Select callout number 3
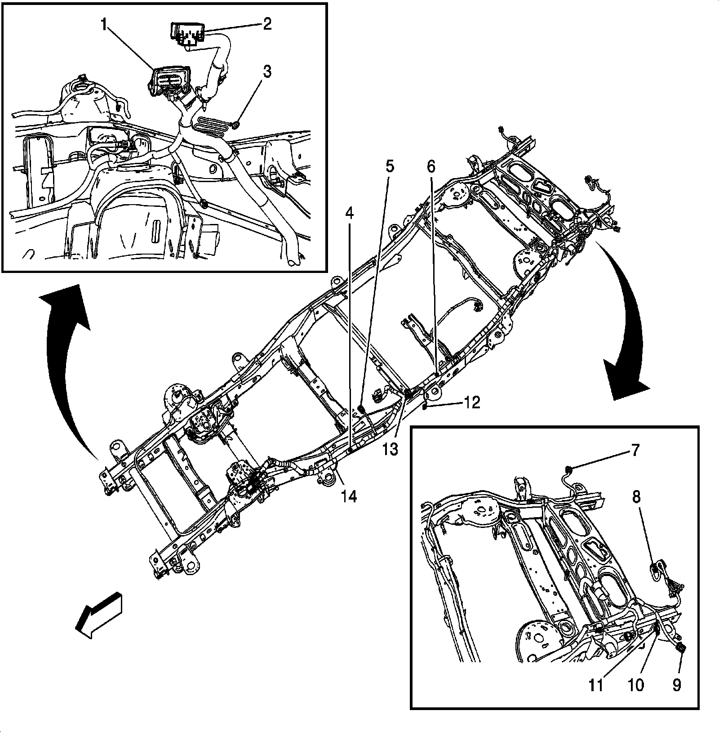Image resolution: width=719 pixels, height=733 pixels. pyautogui.click(x=267, y=72)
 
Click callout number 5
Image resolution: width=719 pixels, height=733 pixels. pyautogui.click(x=390, y=166)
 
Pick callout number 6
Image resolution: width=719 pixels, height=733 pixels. pyautogui.click(x=431, y=166)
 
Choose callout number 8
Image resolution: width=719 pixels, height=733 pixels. pyautogui.click(x=637, y=498)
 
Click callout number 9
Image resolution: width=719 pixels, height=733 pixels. pyautogui.click(x=676, y=685)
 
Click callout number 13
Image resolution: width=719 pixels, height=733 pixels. pyautogui.click(x=391, y=449)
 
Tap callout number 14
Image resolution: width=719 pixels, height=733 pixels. pyautogui.click(x=349, y=496)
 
